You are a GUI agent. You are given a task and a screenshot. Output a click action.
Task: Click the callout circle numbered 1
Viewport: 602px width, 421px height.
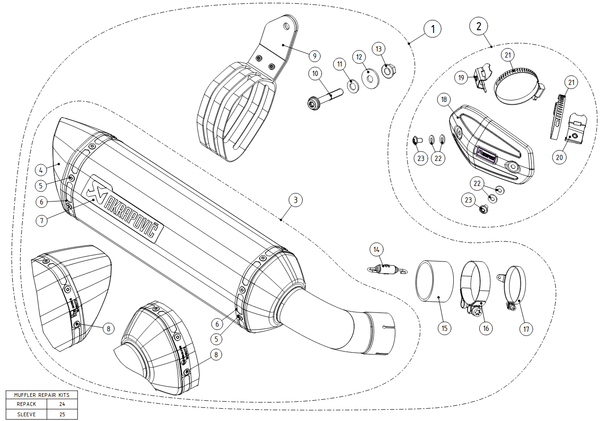pos(432,29)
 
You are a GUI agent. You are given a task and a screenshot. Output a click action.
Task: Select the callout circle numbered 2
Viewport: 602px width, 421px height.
pos(479,26)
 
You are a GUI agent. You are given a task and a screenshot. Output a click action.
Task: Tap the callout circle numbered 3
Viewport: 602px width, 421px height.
pos(295,200)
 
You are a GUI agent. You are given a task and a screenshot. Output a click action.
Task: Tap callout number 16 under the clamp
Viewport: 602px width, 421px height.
pos(486,328)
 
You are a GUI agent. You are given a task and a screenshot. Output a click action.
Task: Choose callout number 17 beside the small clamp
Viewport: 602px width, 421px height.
pos(526,328)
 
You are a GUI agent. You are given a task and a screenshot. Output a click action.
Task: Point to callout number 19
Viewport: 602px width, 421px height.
pos(462,76)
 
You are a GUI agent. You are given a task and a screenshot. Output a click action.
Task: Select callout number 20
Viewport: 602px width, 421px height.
pos(560,158)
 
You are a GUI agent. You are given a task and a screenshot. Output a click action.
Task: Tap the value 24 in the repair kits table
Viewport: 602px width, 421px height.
pos(62,404)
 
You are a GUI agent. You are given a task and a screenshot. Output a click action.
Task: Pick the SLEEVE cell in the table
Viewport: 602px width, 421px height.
pos(26,414)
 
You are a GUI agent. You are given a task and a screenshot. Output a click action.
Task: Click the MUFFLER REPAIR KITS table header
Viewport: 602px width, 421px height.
pos(42,395)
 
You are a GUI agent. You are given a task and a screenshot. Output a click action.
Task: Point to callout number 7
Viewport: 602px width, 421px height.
pos(42,220)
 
